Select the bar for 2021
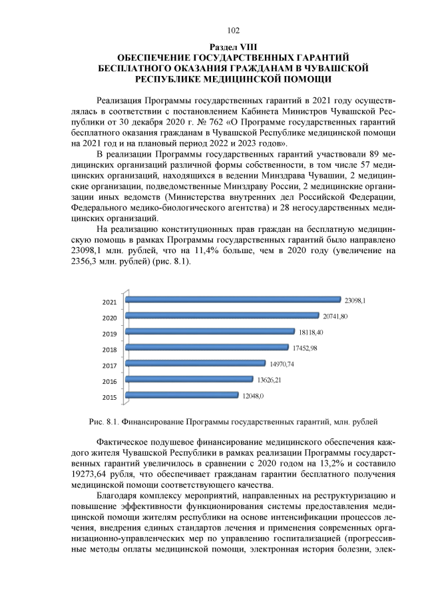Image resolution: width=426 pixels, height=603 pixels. pyautogui.click(x=233, y=300)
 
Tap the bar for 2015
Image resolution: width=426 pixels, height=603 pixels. pyautogui.click(x=181, y=395)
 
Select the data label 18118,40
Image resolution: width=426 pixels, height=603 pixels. pyautogui.click(x=311, y=332)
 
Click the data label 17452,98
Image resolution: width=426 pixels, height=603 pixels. pyautogui.click(x=305, y=348)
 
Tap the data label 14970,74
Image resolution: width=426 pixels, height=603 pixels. pyautogui.click(x=282, y=364)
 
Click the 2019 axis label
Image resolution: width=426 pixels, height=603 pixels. pyautogui.click(x=110, y=334)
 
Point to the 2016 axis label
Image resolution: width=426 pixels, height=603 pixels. pyautogui.click(x=110, y=382)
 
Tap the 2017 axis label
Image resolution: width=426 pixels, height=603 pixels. pyautogui.click(x=110, y=366)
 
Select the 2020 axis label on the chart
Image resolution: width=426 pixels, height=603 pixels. pyautogui.click(x=110, y=318)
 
